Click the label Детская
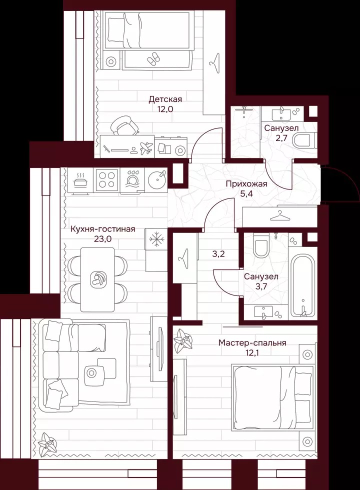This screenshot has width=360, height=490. pyautogui.click(x=165, y=99)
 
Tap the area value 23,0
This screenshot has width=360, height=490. pyautogui.click(x=103, y=239)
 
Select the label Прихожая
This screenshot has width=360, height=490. pyautogui.click(x=246, y=184)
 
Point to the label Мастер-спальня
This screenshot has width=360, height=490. pyautogui.click(x=252, y=343)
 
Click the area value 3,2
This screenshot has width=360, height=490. pyautogui.click(x=218, y=254)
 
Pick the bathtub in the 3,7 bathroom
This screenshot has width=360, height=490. pyautogui.click(x=301, y=286)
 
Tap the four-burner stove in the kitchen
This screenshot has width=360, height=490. pyautogui.click(x=106, y=180)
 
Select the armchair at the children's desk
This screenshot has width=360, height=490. pyautogui.click(x=123, y=125)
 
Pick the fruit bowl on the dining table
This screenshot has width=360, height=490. pyautogui.click(x=97, y=279)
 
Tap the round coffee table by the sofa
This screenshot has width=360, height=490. pyautogui.click(x=91, y=372)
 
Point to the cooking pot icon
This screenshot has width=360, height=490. pyautogui.click(x=81, y=180)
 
